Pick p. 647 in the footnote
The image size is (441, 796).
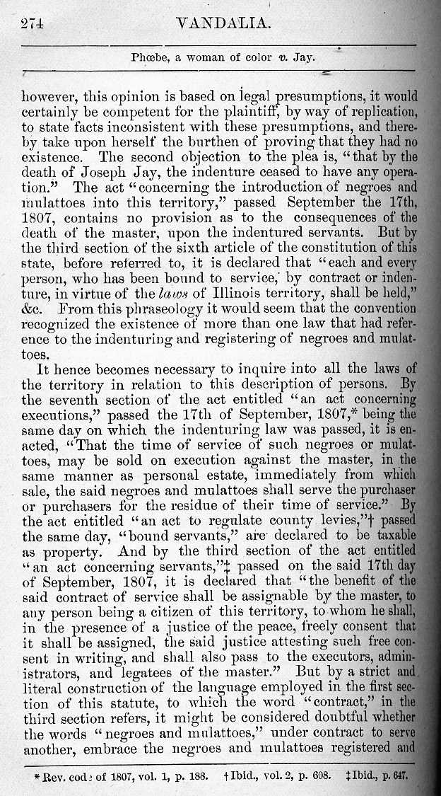(396, 775)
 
